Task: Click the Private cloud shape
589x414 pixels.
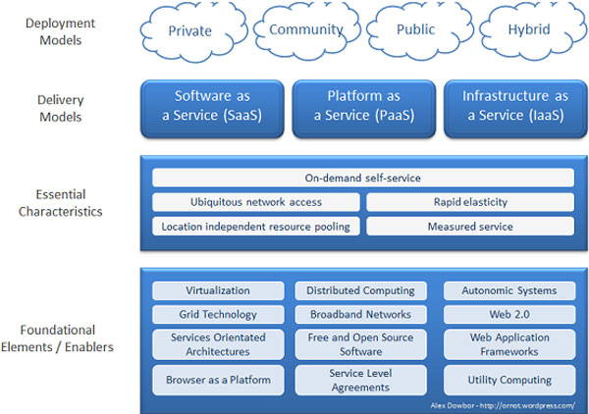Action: pos(193,31)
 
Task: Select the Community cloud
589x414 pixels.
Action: pos(307,30)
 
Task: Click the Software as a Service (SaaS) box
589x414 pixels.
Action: pos(212,109)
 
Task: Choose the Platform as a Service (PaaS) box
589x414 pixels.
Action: pos(364,109)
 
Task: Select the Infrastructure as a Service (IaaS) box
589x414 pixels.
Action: pos(515,109)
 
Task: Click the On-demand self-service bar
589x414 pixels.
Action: pos(363,178)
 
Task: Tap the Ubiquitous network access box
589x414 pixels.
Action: pos(256,202)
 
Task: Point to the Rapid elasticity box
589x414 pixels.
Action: pos(470,202)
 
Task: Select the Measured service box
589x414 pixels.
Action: pos(470,227)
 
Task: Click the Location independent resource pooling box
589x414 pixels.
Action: pos(256,227)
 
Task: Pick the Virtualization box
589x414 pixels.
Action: pos(218,290)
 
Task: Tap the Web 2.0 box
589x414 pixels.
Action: pos(509,314)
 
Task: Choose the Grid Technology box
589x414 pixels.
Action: pos(218,314)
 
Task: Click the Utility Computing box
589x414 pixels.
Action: pos(509,380)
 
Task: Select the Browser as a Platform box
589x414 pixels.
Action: pos(218,380)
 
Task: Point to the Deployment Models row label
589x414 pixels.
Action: pos(61,31)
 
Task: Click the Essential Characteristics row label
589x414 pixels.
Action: pos(61,203)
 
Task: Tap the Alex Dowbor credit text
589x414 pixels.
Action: pos(503,406)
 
